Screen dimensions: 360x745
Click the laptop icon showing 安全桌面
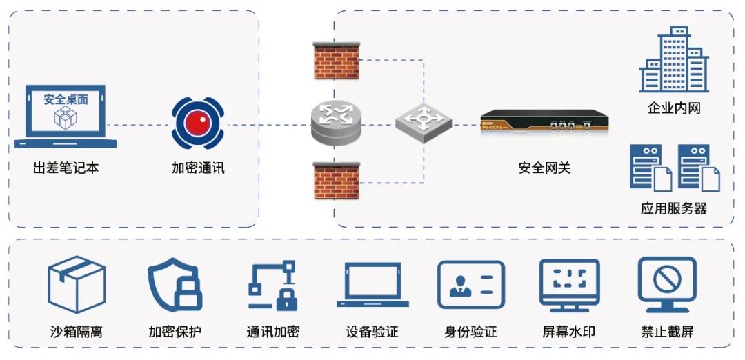[x=66, y=115]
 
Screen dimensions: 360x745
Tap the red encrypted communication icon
[x=198, y=124]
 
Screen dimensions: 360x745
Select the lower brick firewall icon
[x=337, y=180]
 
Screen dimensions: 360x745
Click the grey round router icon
[x=336, y=123]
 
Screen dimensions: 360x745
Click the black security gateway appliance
[x=544, y=125]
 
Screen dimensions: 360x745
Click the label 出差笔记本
[x=66, y=168]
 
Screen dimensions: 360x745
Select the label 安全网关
[x=544, y=168]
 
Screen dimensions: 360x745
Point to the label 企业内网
[x=674, y=108]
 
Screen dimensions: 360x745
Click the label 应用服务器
[x=674, y=208]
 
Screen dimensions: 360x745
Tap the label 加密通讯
[x=198, y=168]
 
